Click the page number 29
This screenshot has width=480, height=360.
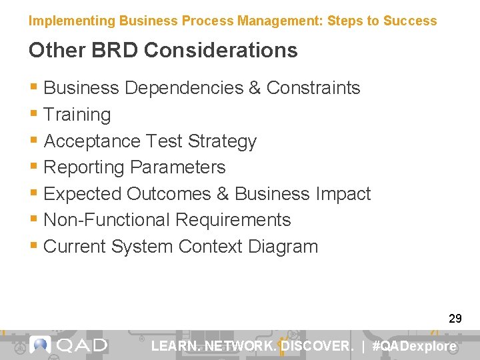tap(455, 319)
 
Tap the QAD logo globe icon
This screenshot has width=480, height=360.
tap(41, 345)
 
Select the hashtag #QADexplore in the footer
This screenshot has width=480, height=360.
tap(415, 346)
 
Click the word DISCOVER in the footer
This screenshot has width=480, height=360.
tap(317, 346)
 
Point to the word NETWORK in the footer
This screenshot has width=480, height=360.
tap(241, 346)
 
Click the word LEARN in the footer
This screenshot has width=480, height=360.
tap(175, 346)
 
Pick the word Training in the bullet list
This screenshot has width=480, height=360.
tap(77, 115)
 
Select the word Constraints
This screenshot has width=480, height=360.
tap(313, 88)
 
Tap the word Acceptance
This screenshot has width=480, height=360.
tap(91, 141)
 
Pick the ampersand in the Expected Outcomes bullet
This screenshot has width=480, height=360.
tap(223, 194)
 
